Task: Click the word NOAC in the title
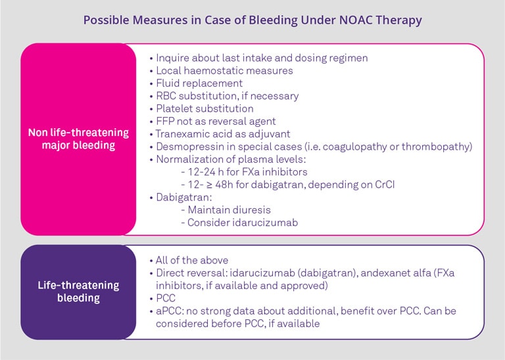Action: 347,20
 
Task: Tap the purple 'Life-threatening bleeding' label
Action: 78,292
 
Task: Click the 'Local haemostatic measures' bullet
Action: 224,70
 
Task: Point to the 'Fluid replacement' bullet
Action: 199,83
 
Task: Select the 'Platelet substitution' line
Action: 204,108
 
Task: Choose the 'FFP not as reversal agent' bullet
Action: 216,121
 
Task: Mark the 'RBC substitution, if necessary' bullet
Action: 227,96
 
